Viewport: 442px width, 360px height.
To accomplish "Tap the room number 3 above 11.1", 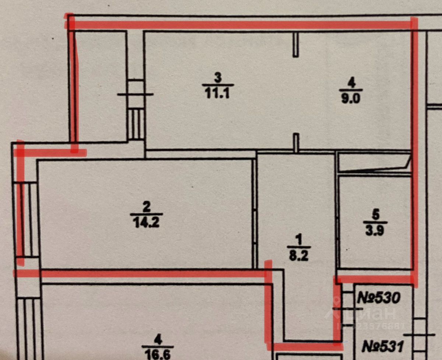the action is point(217,78).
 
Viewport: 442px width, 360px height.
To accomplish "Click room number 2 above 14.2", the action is point(147,207).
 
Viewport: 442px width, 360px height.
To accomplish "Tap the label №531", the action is point(383,346).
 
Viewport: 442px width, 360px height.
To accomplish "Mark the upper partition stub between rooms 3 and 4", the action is point(295,44).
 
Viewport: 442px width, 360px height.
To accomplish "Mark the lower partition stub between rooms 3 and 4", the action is point(295,142).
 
